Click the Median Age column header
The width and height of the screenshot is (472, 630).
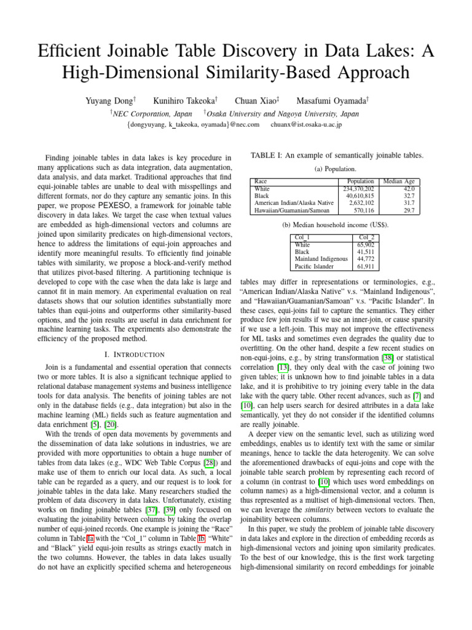pyautogui.click(x=398, y=181)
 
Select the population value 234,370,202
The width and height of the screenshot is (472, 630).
pyautogui.click(x=357, y=188)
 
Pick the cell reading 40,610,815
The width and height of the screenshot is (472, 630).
pyautogui.click(x=360, y=195)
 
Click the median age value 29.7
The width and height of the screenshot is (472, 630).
pyautogui.click(x=409, y=210)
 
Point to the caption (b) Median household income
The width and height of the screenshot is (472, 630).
pyautogui.click(x=335, y=225)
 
